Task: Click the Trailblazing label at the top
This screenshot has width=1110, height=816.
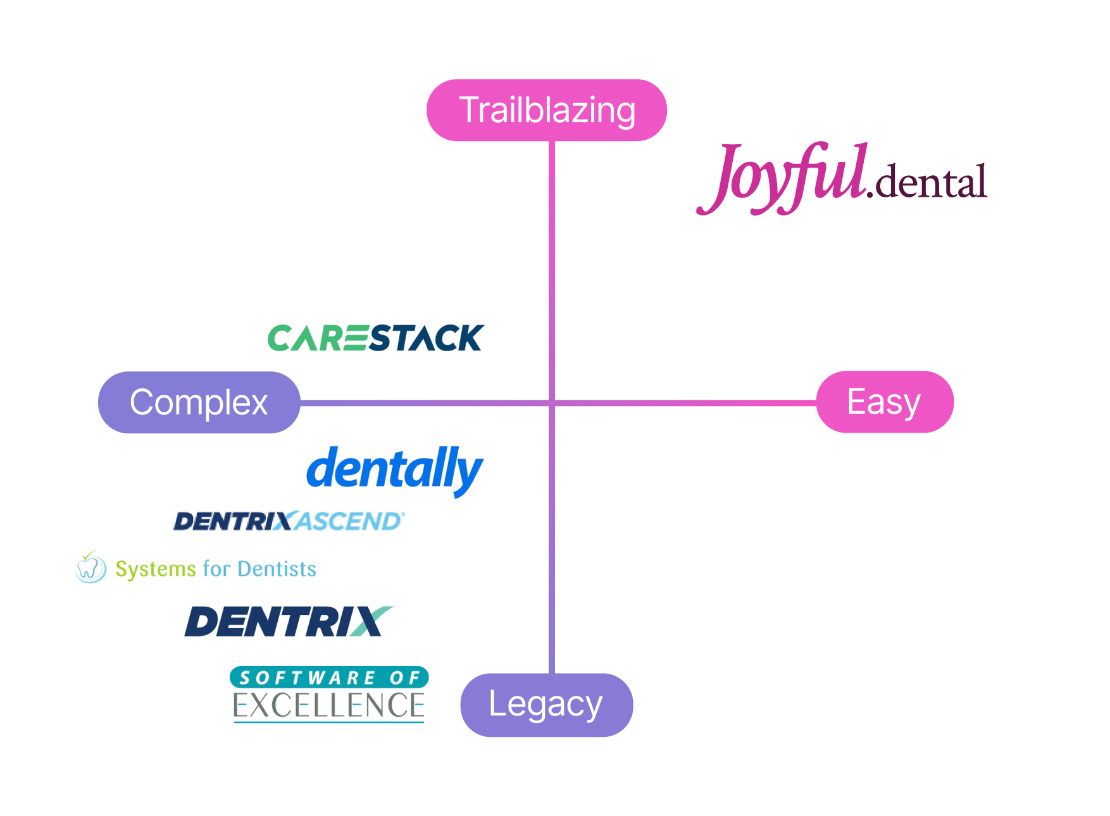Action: tap(547, 110)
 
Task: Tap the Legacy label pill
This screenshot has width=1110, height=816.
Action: tap(546, 705)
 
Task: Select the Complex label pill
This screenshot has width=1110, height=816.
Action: tap(199, 402)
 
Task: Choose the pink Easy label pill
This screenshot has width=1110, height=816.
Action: tap(884, 402)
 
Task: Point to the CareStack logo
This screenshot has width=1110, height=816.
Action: tap(376, 338)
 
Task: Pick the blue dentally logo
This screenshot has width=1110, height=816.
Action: tap(394, 469)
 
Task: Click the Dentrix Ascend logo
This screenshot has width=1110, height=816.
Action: tap(289, 521)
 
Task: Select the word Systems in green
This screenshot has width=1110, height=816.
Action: tap(156, 569)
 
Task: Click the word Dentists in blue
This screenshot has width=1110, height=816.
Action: tap(277, 569)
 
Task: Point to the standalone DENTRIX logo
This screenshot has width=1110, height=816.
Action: tap(289, 621)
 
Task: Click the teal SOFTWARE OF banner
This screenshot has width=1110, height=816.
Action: tap(329, 677)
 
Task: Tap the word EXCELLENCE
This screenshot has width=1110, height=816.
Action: tap(329, 706)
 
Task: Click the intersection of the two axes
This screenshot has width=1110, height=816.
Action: tap(552, 402)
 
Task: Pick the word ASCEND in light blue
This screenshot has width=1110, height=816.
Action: tap(349, 521)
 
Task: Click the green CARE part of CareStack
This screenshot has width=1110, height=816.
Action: tap(316, 338)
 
